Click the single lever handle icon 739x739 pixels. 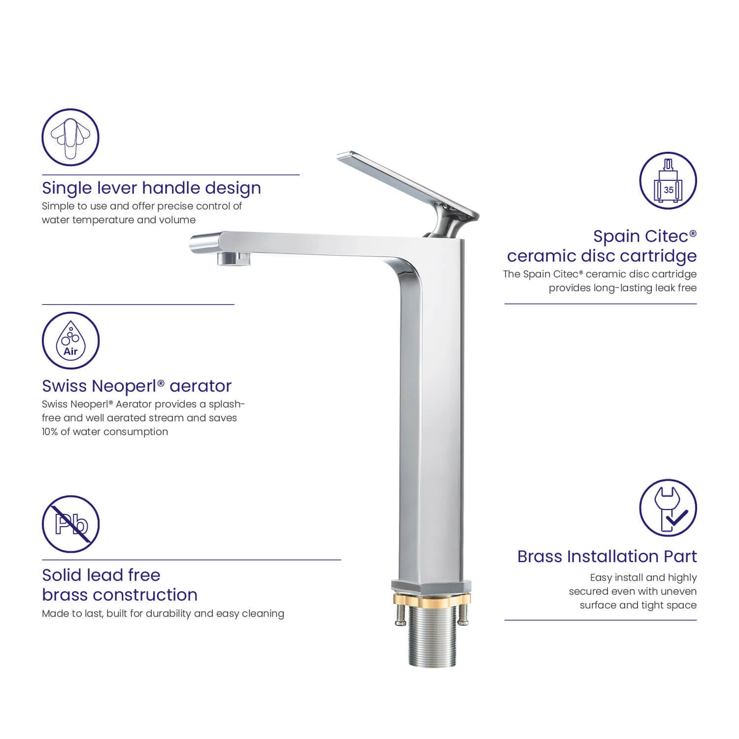70,137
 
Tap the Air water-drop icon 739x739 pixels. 70,340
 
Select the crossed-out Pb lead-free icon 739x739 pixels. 70,524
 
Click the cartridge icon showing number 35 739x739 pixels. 668,180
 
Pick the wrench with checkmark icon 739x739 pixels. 668,508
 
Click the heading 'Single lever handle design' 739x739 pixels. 151,188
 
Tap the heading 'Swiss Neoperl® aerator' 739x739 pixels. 136,386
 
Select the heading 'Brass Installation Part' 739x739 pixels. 607,557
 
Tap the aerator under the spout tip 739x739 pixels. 234,258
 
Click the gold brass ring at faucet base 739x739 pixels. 432,599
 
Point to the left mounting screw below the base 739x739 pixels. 401,616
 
